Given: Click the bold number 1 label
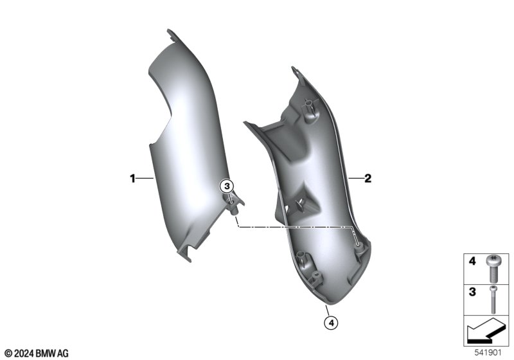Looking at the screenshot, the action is click(132, 179).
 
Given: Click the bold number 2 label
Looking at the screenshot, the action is click(368, 179).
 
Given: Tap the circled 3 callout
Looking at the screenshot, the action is click(227, 186).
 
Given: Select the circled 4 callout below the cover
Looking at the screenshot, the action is click(331, 323).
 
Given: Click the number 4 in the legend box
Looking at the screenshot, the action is click(472, 261).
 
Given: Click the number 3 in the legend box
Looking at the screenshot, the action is click(472, 292).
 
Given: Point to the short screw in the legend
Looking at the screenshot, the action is click(493, 269).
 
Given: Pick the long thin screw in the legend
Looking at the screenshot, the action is click(493, 300).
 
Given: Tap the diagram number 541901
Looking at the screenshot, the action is click(488, 353).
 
